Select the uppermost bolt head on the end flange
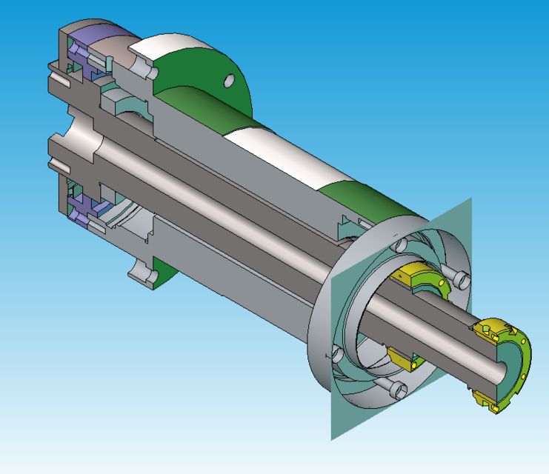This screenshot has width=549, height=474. [x=402, y=245]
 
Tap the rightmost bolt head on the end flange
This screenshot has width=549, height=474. [x=462, y=278]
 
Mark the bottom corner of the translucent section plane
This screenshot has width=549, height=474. [x=331, y=438]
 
